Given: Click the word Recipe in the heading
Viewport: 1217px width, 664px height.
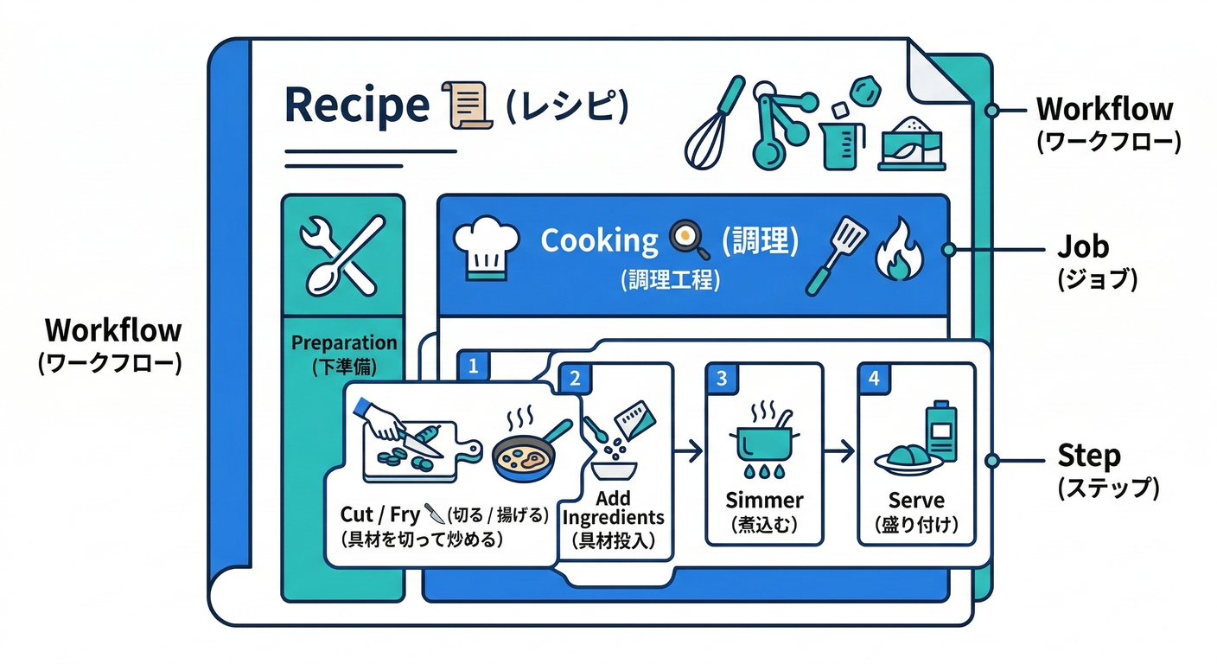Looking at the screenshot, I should coord(356,105).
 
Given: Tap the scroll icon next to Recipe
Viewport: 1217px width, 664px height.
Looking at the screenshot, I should coord(467,105).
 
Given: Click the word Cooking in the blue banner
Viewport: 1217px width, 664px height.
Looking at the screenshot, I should coord(599,240).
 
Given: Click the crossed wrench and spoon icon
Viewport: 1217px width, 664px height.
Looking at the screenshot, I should coord(341,255).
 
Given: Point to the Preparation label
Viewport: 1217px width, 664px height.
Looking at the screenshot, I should coord(343,342).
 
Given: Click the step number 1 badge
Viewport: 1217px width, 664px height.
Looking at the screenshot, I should coord(473,366).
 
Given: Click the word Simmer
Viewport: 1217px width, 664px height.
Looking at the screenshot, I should coord(764,501).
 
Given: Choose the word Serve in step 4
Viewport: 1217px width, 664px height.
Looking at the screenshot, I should coord(915,501).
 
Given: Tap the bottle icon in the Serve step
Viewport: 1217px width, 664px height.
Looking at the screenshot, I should coord(940,432).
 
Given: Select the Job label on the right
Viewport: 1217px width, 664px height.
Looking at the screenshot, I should coord(1083,248).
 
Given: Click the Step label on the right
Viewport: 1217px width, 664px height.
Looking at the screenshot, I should coord(1088,456).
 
